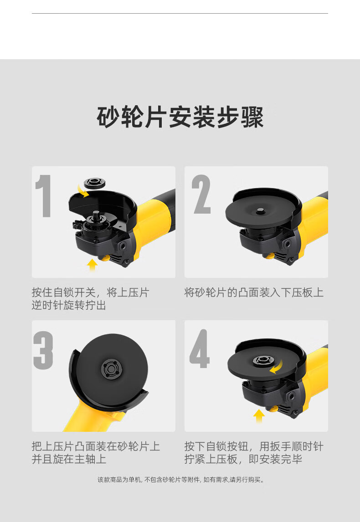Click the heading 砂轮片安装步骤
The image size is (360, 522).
click(180, 117)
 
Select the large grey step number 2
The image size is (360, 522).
click(201, 194)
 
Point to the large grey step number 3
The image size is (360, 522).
click(43, 350)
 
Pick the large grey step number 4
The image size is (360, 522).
click(200, 348)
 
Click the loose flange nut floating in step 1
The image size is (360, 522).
click(95, 183)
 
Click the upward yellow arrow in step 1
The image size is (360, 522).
click(92, 265)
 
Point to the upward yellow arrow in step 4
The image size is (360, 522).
click(259, 416)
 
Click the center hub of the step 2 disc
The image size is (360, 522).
click(260, 210)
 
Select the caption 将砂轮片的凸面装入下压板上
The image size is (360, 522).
click(254, 292)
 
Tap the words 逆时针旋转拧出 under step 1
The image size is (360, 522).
click(69, 305)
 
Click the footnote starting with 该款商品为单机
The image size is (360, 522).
click(181, 480)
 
